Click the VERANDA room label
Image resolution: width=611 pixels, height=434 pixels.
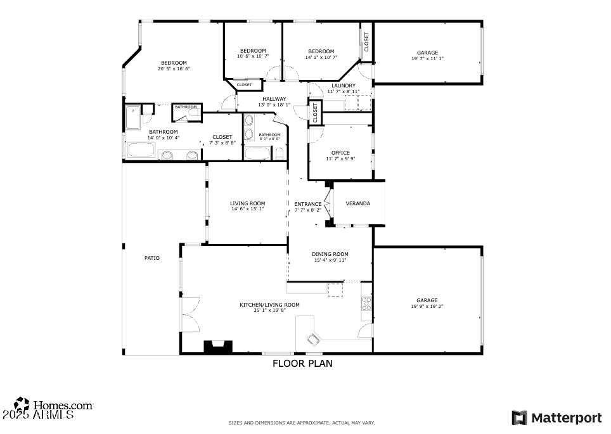(x=357, y=203)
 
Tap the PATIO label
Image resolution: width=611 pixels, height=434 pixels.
(x=152, y=258)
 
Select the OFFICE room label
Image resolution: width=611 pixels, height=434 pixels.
(x=340, y=153)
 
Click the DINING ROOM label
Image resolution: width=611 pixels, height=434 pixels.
(x=330, y=254)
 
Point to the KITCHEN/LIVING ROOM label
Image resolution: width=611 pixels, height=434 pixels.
(x=269, y=305)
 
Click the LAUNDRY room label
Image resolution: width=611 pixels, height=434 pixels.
(x=344, y=86)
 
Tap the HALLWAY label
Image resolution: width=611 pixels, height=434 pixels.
(x=274, y=99)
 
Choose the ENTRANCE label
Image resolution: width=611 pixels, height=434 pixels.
(x=307, y=204)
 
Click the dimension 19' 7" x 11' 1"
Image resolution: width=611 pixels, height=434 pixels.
(x=427, y=59)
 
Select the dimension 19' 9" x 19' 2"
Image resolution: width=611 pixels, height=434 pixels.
(x=427, y=307)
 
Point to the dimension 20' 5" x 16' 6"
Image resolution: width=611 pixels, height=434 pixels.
(x=174, y=68)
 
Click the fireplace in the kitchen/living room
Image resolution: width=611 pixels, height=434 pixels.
(x=217, y=347)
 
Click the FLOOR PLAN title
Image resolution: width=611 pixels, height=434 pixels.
(x=302, y=364)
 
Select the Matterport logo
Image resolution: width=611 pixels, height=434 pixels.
(x=556, y=418)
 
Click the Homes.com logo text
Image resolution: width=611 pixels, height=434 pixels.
(x=63, y=405)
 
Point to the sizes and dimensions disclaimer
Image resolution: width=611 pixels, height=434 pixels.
(x=302, y=423)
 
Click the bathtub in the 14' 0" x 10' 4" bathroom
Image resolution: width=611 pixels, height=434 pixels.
(x=141, y=150)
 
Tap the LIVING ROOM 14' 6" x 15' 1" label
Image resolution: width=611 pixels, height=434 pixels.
(x=247, y=206)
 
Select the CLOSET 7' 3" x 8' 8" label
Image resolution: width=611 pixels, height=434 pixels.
(x=222, y=139)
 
